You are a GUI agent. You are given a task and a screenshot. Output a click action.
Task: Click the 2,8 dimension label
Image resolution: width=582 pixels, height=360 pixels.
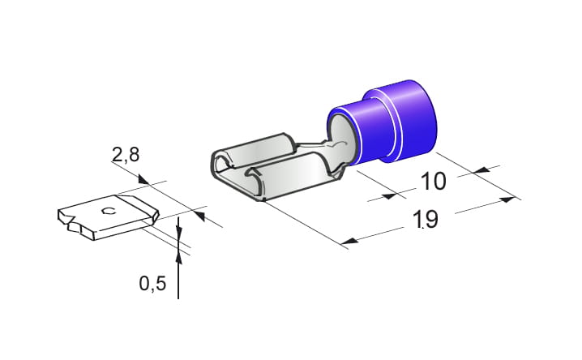tap(126, 154)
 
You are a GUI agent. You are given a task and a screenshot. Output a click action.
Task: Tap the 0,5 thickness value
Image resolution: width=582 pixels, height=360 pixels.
tap(152, 284)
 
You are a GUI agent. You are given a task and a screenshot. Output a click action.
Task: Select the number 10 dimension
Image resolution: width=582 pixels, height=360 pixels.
tap(433, 181)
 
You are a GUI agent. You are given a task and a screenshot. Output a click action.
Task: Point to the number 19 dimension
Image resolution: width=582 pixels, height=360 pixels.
tap(426, 219)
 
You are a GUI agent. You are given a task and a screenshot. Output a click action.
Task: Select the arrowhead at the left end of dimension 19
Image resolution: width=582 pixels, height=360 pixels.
tap(349, 242)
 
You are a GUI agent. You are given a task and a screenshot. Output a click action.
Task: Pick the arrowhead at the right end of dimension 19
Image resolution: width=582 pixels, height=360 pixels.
tap(507, 199)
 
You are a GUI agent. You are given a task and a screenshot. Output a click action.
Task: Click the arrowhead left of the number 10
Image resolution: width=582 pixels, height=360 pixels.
tap(389, 195)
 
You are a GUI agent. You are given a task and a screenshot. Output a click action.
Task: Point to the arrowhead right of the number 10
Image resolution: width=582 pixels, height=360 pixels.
tap(481, 169)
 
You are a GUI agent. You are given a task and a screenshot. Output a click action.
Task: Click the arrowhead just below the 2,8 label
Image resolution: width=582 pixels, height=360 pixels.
tap(143, 179)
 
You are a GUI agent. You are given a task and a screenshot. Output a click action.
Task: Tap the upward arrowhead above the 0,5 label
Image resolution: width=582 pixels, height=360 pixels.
tap(178, 257)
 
